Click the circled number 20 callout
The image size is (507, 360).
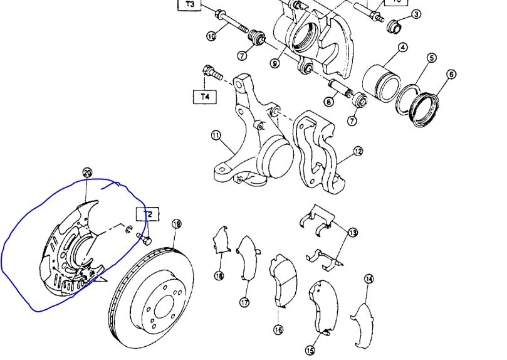87,172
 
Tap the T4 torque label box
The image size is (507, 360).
205,97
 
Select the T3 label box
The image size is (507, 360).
190,5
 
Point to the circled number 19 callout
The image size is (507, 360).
176,224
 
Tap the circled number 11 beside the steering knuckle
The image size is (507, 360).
215,135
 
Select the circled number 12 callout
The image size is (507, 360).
358,151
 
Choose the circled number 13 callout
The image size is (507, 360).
353,233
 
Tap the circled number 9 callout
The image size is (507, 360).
275,63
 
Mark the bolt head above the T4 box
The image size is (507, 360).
208,70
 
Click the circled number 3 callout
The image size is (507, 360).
416,14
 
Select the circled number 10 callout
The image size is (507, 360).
211,36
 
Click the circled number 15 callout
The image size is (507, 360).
310,351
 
